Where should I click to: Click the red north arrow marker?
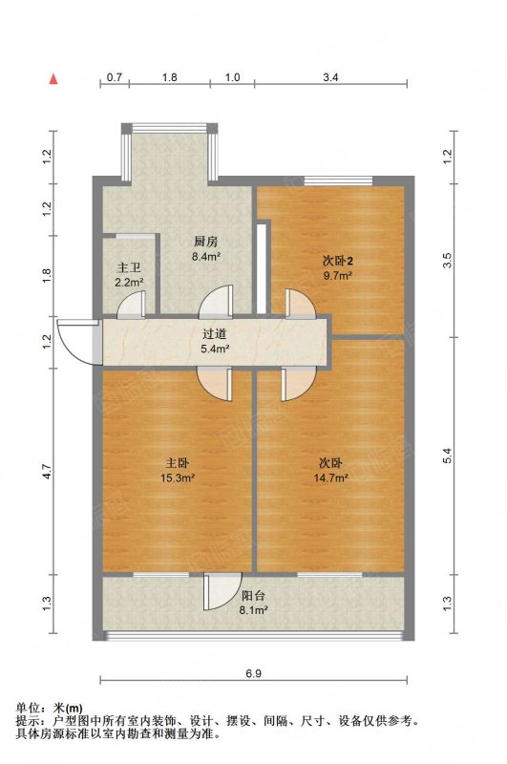tap(53, 80)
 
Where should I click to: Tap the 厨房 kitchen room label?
tap(206, 242)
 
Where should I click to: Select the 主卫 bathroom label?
tap(129, 267)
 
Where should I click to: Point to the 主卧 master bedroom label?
tap(178, 462)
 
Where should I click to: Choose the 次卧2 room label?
tap(337, 261)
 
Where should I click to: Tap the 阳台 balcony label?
tap(254, 595)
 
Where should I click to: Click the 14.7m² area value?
tap(330, 478)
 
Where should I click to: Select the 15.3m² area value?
tap(178, 478)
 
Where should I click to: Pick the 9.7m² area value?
tap(338, 276)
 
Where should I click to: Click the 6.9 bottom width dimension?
tap(254, 673)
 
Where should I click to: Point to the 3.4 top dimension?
tap(330, 77)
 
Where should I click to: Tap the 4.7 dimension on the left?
tap(47, 471)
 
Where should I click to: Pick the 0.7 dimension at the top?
tap(115, 77)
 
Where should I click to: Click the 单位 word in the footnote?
tap(28, 708)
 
